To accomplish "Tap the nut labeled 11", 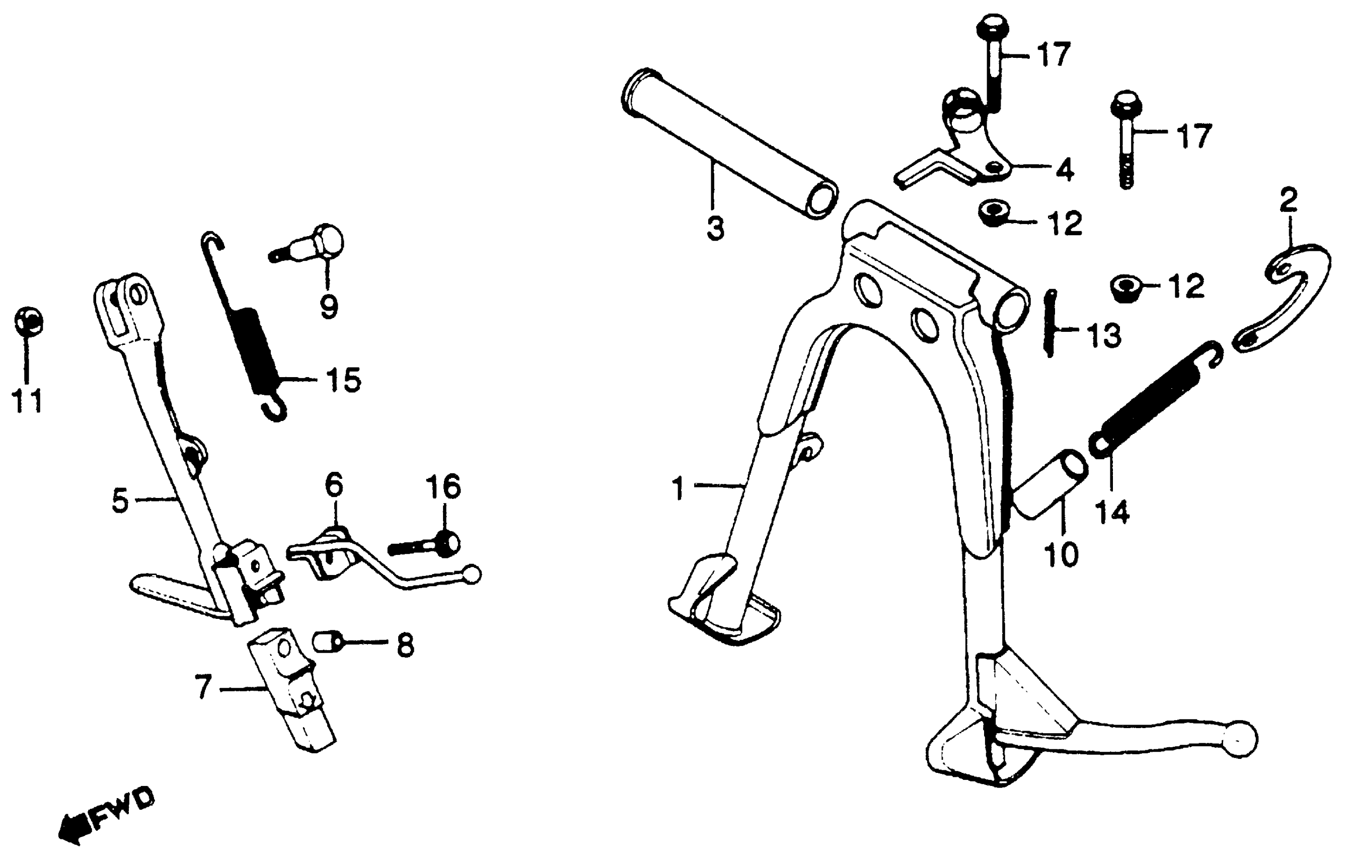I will (x=28, y=322).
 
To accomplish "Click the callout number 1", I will (x=679, y=488).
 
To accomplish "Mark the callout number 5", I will (x=121, y=501).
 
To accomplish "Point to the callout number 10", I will (x=1062, y=554).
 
